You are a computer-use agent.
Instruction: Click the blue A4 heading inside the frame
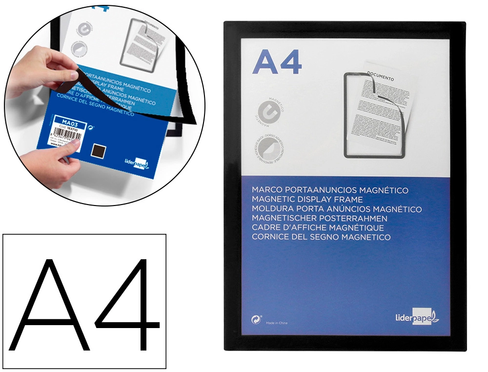(277, 62)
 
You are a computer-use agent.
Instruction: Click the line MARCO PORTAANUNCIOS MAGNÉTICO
(330, 190)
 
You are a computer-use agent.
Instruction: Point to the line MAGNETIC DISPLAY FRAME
(307, 200)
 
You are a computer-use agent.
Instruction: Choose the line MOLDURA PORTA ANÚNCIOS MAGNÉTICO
(337, 209)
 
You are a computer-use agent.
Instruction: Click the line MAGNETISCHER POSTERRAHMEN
(320, 218)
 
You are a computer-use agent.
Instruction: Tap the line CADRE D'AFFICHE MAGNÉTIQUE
(318, 227)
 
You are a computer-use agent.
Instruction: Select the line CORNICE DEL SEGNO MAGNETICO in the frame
(322, 237)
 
